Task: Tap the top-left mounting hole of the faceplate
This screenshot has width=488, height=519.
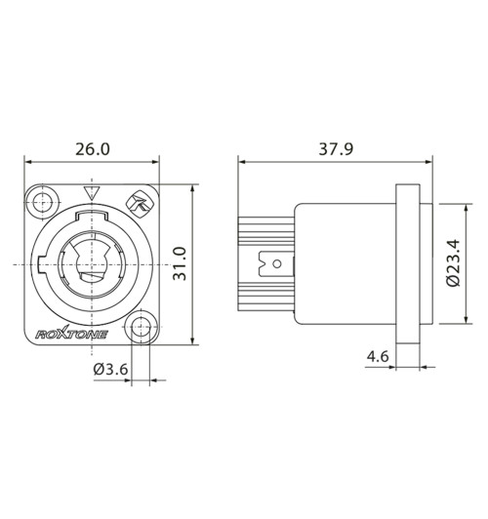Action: pyautogui.click(x=41, y=202)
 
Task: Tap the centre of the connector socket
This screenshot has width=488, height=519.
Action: pyautogui.click(x=93, y=264)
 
